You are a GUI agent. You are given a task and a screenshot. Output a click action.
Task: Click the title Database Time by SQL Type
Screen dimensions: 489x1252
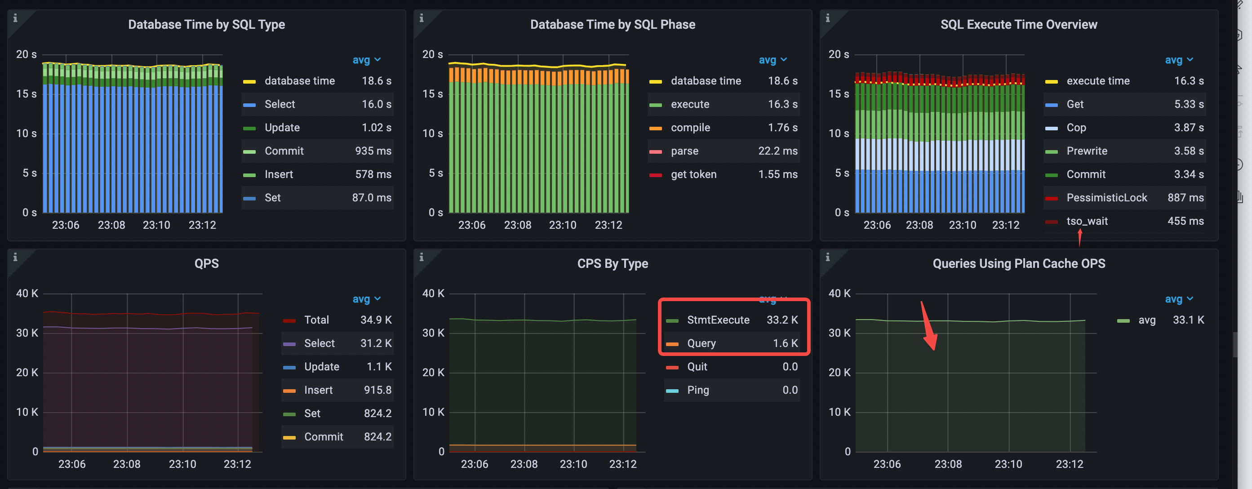pos(206,24)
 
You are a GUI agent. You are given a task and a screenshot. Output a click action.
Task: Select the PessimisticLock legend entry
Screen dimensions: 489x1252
pos(1106,198)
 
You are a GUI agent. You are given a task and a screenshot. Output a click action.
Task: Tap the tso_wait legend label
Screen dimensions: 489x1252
pos(1087,221)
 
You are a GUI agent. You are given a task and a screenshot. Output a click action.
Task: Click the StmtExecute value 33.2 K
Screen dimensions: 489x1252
pos(781,320)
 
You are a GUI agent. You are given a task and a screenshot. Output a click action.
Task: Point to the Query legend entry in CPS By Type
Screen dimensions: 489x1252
pos(701,343)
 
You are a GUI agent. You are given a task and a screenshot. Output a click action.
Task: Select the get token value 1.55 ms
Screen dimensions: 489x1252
pos(777,174)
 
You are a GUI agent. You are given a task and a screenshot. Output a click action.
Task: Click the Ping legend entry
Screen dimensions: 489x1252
pos(697,390)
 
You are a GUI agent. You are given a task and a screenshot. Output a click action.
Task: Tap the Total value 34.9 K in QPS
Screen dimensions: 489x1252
pos(376,320)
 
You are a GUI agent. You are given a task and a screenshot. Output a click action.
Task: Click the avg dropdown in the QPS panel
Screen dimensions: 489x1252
pos(366,299)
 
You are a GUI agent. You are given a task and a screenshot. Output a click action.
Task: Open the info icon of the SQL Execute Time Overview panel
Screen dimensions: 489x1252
pos(827,18)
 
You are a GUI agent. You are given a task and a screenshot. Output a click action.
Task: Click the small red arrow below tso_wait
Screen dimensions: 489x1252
pos(1079,238)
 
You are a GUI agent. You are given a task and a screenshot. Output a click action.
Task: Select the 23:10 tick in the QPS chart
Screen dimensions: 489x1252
pos(182,464)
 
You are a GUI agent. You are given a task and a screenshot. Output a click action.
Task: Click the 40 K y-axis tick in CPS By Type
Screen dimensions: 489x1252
pos(433,293)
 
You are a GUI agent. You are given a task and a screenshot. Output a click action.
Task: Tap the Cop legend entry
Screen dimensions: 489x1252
pos(1075,128)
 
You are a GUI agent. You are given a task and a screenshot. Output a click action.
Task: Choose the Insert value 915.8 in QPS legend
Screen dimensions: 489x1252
pos(377,390)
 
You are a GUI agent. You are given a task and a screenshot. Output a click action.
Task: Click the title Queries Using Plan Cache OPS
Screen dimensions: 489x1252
pos(1018,263)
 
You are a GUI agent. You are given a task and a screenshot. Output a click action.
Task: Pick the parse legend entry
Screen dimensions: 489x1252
pos(684,151)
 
